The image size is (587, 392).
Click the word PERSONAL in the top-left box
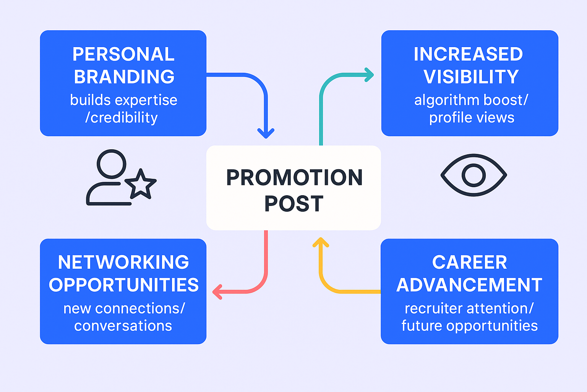coord(123,54)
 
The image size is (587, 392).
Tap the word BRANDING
coord(124,77)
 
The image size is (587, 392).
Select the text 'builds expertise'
coord(124,100)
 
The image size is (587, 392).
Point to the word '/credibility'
coord(121,118)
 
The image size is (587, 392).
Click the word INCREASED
coord(468,54)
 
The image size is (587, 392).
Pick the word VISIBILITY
coord(471,77)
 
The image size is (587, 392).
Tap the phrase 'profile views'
coord(472,118)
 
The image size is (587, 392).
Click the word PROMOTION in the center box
coord(294,178)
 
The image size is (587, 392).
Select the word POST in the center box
coord(294,204)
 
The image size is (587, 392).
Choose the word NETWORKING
coord(123,262)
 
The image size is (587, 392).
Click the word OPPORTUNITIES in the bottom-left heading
coord(124,285)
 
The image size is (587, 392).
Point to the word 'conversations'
coord(123,326)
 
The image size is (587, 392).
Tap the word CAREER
coord(470,262)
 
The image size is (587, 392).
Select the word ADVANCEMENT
coord(469,285)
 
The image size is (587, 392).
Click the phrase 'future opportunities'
coord(470,326)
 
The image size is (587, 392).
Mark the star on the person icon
coord(141,184)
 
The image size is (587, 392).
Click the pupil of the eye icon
coord(473,175)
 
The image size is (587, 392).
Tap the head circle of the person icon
coord(112,164)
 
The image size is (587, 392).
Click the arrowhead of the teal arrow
coord(369,75)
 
